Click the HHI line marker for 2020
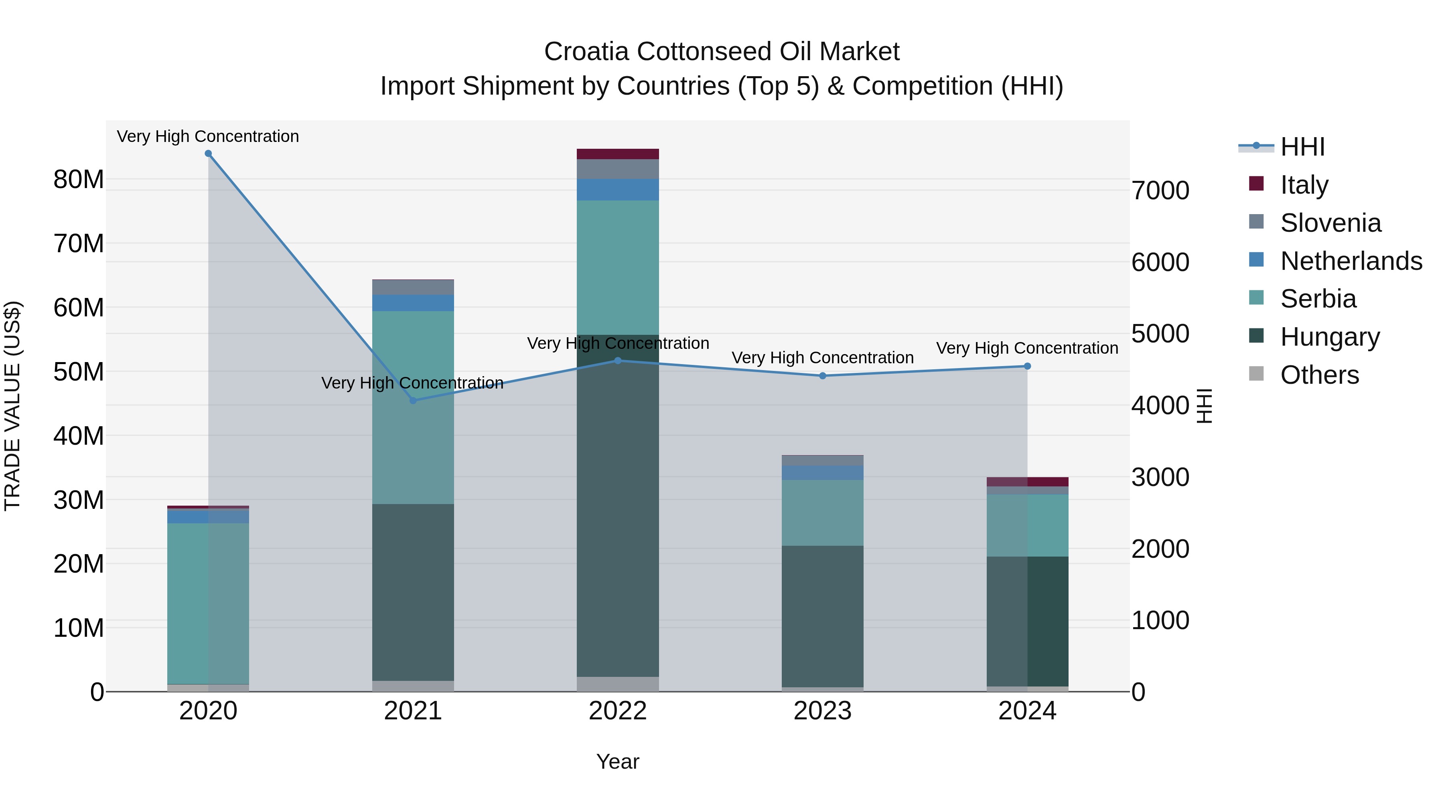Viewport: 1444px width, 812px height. point(208,154)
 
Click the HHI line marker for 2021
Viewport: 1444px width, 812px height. point(413,400)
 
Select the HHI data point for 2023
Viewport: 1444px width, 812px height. point(822,375)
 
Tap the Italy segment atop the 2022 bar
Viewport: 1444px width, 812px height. point(618,154)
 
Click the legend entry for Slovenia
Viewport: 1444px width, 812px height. point(1330,223)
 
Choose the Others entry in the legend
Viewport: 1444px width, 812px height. point(1318,375)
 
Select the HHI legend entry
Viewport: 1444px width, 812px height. point(1302,147)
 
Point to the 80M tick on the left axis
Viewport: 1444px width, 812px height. point(79,180)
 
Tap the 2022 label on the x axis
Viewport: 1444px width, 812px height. point(618,711)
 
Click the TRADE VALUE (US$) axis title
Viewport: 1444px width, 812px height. point(13,406)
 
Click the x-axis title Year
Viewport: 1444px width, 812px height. point(618,761)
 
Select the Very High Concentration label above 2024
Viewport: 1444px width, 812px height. point(1027,348)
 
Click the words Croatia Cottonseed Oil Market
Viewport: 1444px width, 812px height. point(722,52)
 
